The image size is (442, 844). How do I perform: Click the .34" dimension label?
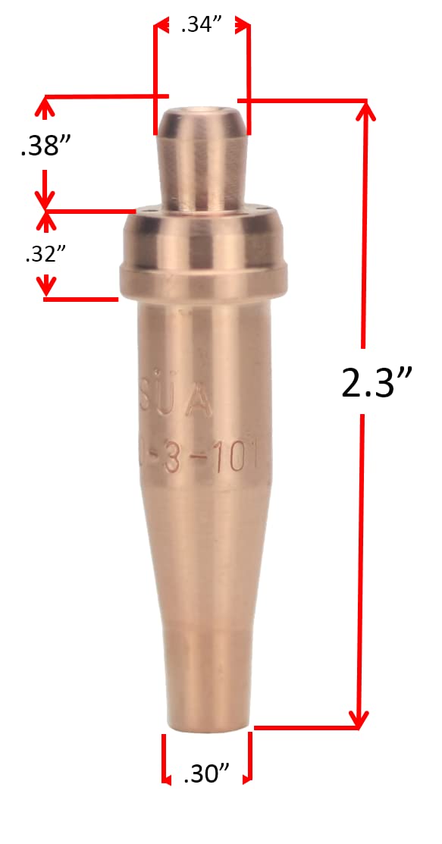point(201,27)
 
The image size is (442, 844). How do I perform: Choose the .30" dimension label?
point(206,773)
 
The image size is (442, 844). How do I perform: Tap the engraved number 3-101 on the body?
point(220,460)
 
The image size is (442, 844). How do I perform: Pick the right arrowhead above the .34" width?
point(243,26)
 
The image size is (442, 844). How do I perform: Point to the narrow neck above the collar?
point(201,174)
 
